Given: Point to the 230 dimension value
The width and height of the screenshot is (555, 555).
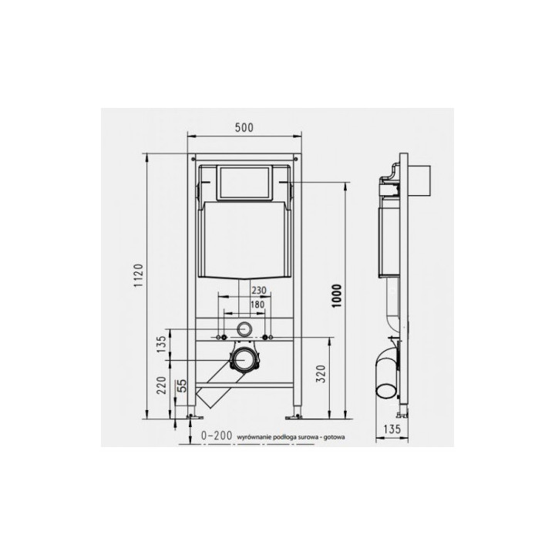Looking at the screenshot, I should point(261,290).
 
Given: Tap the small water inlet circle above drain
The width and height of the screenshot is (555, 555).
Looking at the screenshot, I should point(246,328).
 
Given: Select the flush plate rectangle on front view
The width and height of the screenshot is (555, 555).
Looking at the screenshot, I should point(245,182).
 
